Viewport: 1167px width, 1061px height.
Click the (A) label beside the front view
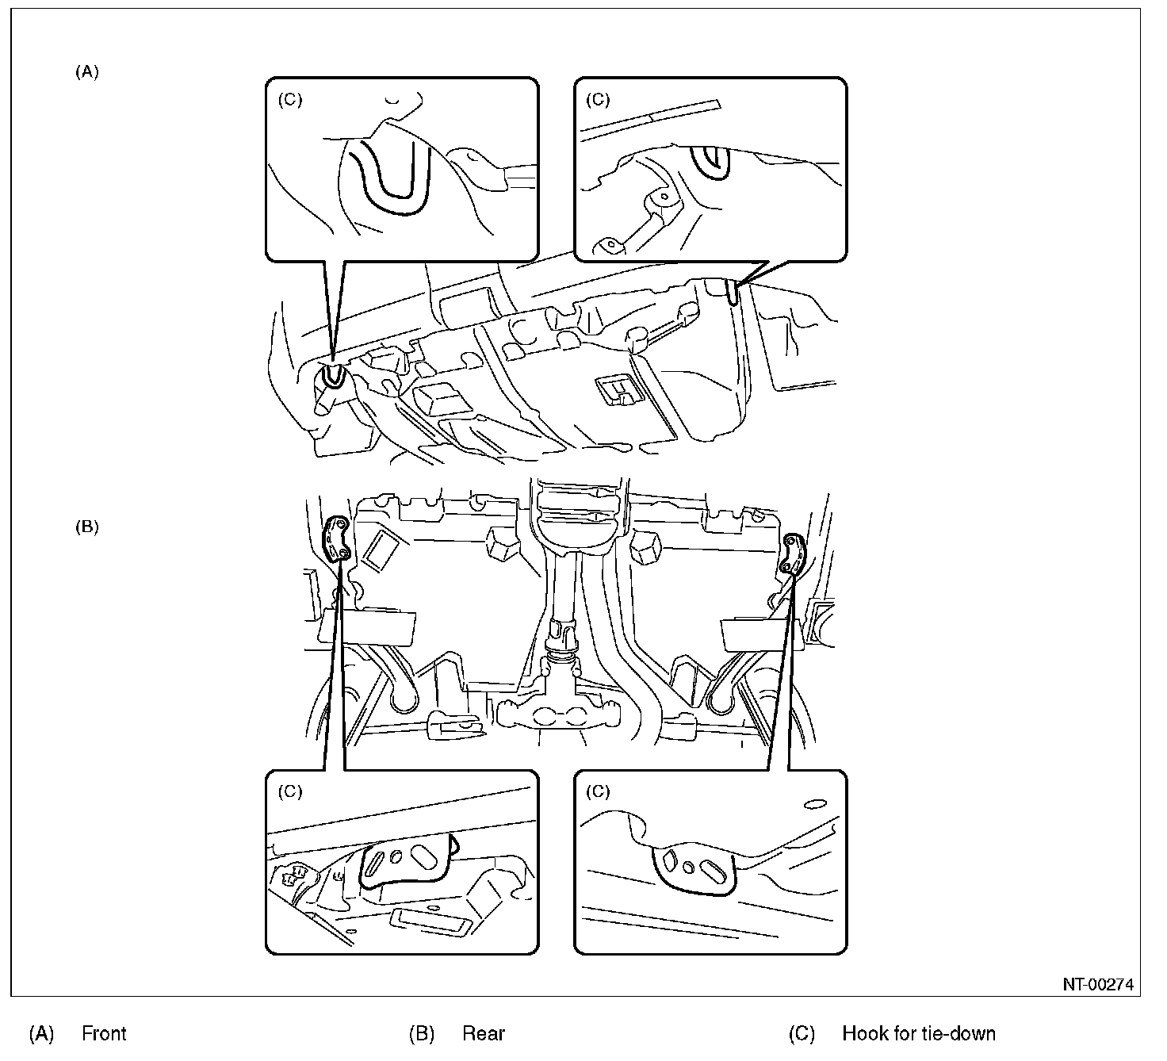87,72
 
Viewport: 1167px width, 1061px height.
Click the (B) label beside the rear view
87,527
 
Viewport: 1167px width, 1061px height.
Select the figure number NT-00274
1098,985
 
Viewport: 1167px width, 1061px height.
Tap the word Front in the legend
104,1033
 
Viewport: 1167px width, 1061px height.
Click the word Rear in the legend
484,1033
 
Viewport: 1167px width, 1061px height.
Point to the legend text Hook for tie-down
919,1033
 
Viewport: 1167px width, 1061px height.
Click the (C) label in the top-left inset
290,100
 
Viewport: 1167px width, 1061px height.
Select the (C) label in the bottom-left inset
290,791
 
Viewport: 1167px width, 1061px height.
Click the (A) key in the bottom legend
41,1033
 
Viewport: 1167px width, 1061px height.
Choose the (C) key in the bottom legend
802,1033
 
